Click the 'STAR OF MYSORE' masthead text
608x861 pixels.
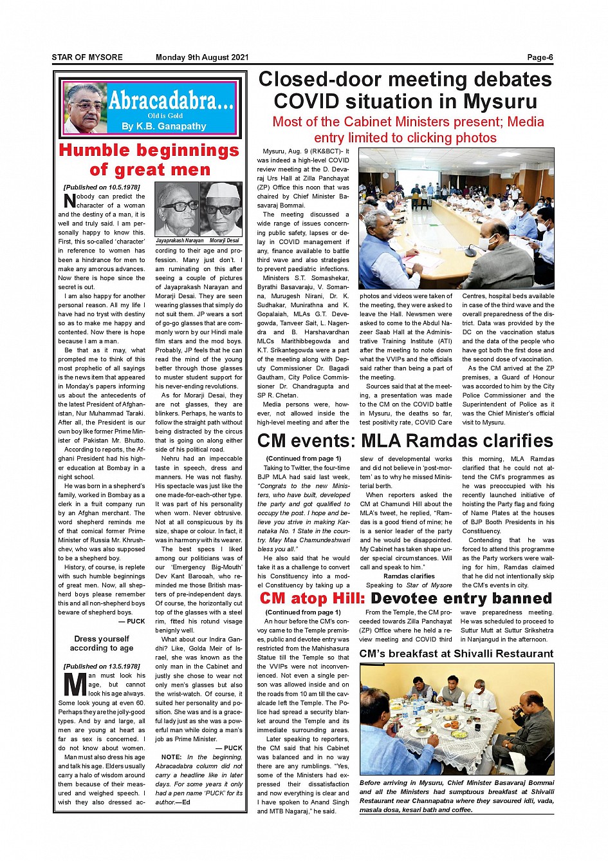(87, 57)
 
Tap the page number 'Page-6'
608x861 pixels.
(540, 57)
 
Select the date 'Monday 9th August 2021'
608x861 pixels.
(202, 57)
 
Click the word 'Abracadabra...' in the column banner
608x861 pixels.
(170, 100)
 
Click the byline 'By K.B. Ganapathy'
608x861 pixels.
(163, 126)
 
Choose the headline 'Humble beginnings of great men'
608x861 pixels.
(149, 160)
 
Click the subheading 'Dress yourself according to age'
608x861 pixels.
(102, 643)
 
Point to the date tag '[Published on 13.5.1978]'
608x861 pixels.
(102, 667)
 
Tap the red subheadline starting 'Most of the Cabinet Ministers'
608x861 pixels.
(408, 129)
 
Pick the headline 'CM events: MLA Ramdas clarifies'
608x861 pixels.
(405, 441)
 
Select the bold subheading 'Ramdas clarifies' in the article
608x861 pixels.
(409, 576)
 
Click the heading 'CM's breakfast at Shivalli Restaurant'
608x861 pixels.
(456, 654)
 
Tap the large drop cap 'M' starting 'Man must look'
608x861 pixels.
(75, 685)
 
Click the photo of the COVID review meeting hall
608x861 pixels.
(456, 218)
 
